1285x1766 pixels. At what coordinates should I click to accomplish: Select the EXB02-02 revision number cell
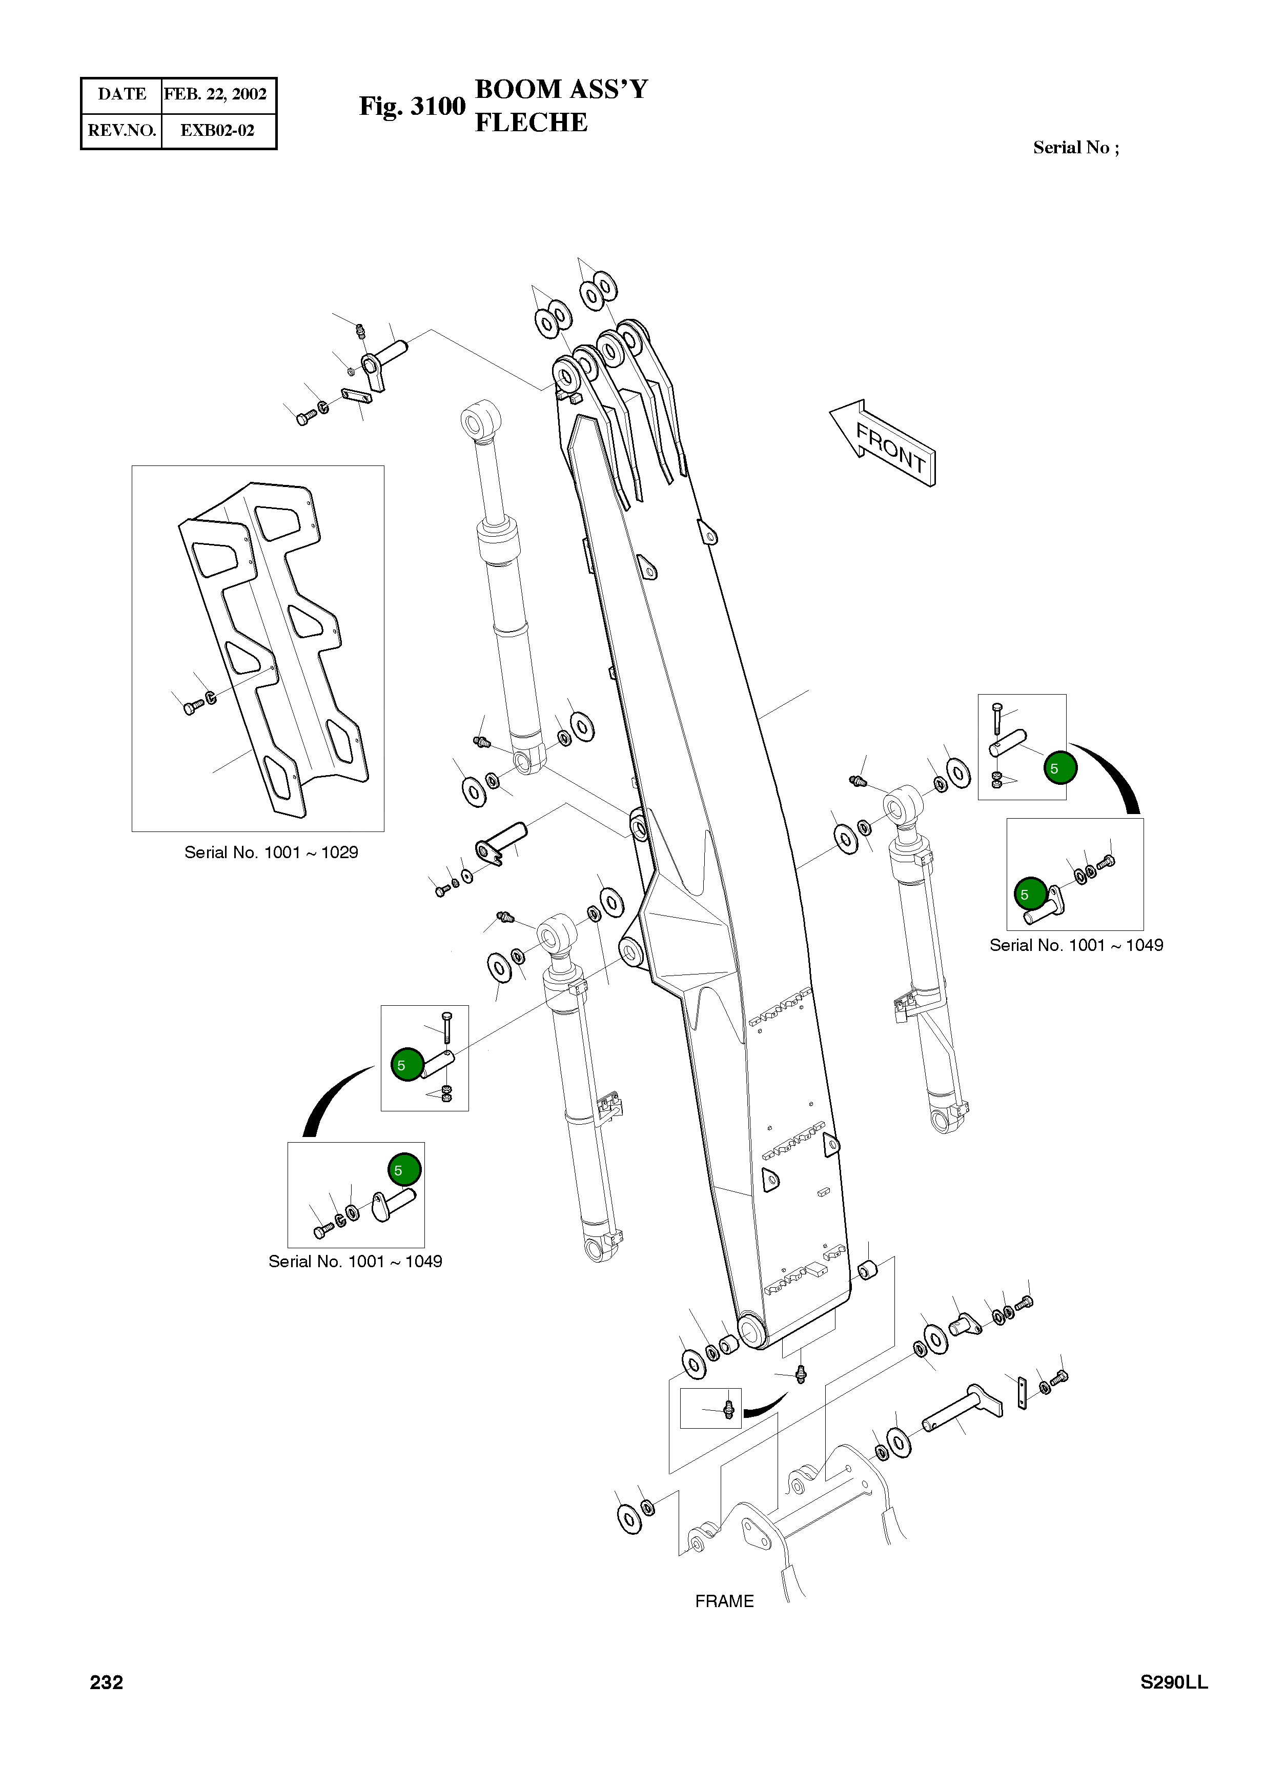217,130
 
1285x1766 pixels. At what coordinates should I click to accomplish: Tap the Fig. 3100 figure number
412,106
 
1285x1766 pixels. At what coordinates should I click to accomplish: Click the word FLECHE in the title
531,123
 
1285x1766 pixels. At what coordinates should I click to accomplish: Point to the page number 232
106,1682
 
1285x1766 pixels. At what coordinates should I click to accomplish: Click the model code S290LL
1174,1682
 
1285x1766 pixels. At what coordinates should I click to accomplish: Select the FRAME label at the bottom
724,1601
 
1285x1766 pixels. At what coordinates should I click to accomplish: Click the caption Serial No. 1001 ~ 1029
271,852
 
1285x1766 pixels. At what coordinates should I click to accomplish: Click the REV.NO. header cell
121,130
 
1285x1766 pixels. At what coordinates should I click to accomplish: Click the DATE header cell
121,94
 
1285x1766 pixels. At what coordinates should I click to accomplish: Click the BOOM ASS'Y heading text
561,90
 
